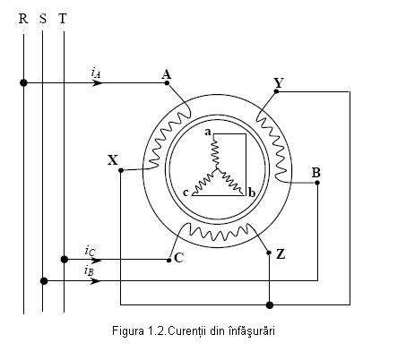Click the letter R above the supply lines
23,19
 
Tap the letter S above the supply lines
43,19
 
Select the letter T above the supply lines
63,19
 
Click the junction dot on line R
23,82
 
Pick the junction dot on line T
65,260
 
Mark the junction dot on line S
44,281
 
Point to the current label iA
96,73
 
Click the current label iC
90,251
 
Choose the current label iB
89,271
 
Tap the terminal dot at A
167,83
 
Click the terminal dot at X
121,170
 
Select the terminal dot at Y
276,91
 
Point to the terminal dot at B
317,183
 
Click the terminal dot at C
169,260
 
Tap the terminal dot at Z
269,253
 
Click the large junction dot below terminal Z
270,305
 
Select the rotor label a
208,132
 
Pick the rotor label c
186,193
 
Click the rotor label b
252,193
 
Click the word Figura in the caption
128,331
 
